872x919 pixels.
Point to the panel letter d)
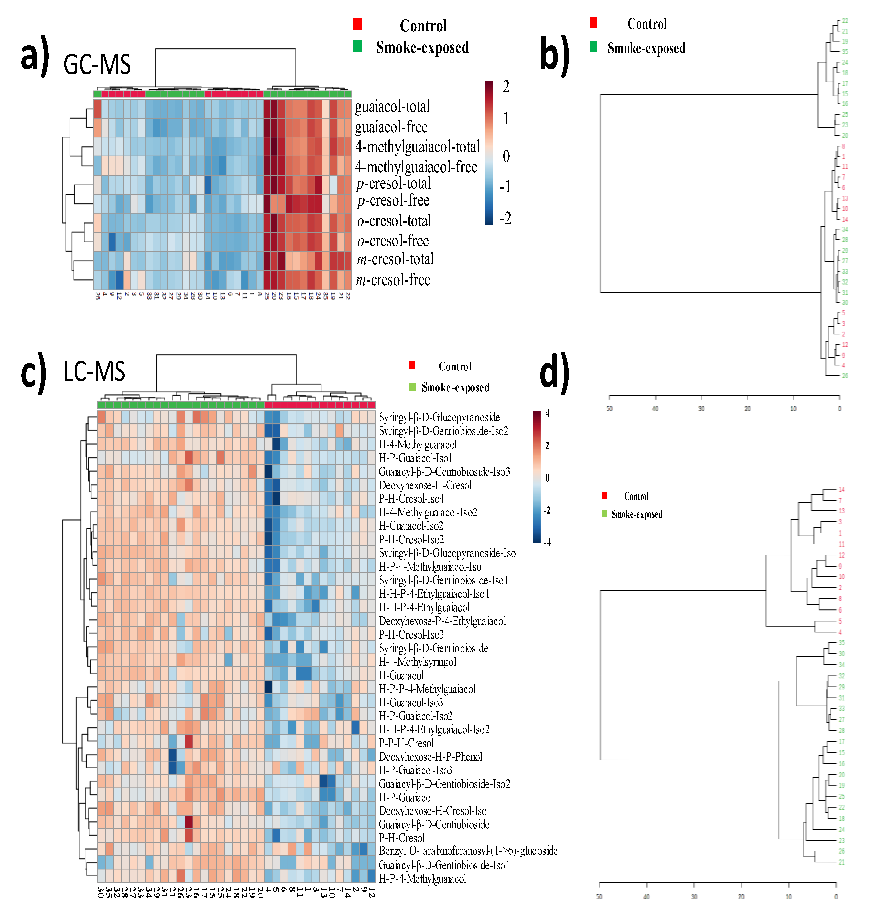click(555, 372)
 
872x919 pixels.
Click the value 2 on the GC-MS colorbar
click(506, 86)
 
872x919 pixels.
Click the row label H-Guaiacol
click(401, 676)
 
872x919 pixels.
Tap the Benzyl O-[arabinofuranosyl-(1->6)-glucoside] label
click(469, 851)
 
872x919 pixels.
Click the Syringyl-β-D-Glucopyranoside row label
click(439, 417)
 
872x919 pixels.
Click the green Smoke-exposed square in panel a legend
click(357, 47)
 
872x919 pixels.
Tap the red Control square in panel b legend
click(593, 23)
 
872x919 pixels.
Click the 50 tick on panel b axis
click(609, 409)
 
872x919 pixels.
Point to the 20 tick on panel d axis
click(741, 897)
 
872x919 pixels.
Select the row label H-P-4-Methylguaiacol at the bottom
click(422, 878)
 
